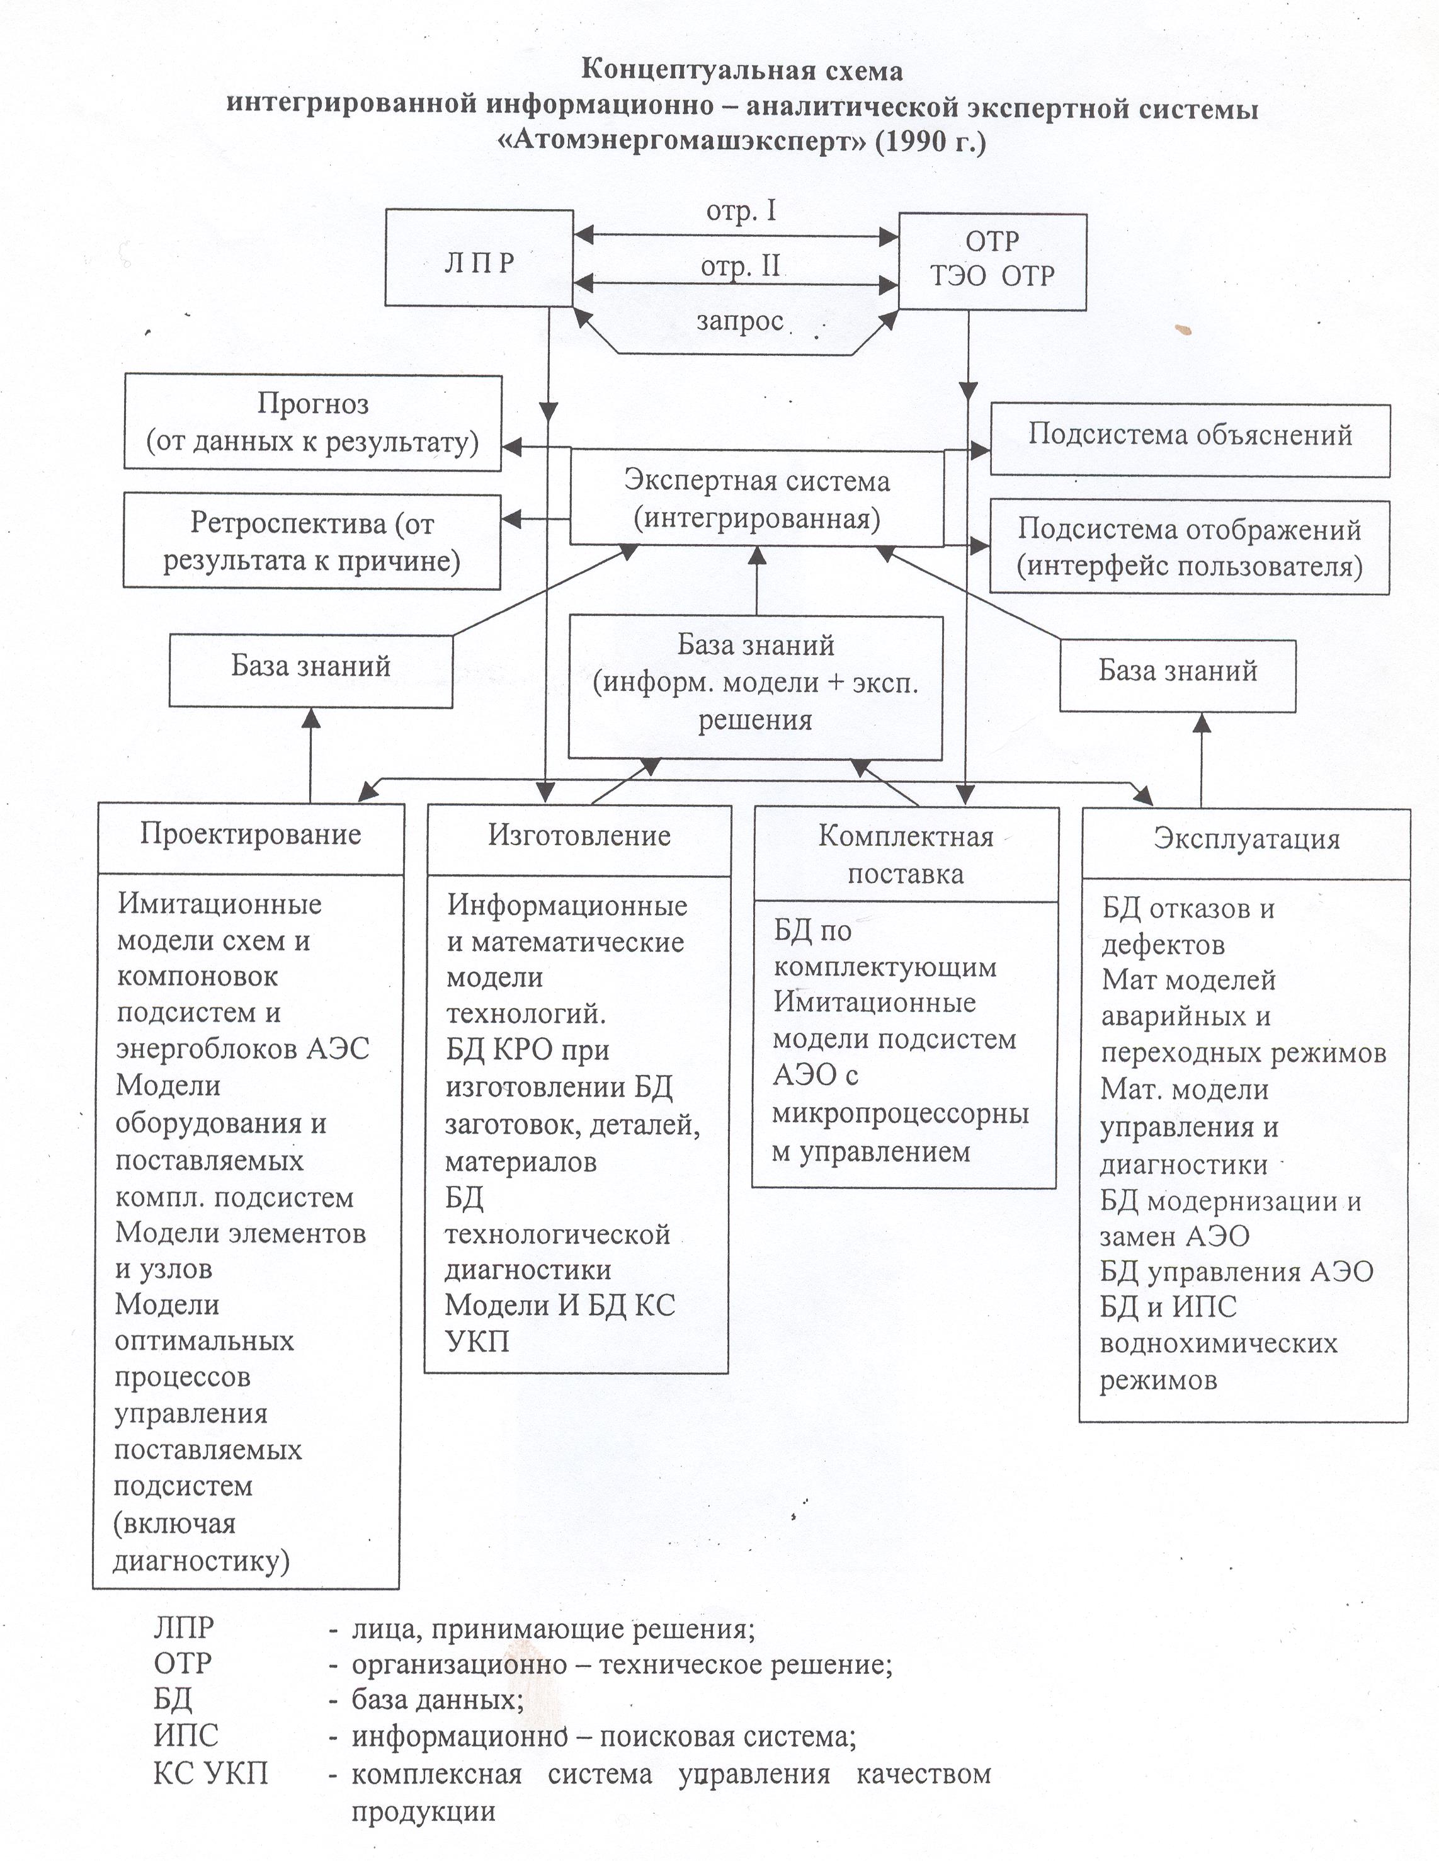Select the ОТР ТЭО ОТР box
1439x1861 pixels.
coord(993,261)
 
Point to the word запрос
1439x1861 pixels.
coord(739,321)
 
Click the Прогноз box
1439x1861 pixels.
coord(313,423)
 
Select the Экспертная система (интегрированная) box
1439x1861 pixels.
coord(756,499)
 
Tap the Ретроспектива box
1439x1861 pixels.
coord(312,541)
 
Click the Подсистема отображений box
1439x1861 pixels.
coord(1190,548)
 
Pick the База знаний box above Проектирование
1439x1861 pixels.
coord(311,669)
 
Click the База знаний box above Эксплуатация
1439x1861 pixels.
coord(1178,676)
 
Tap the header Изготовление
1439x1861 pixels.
coord(579,835)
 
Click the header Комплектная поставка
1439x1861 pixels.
coord(906,855)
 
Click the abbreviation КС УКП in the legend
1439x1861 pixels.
coord(210,1774)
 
